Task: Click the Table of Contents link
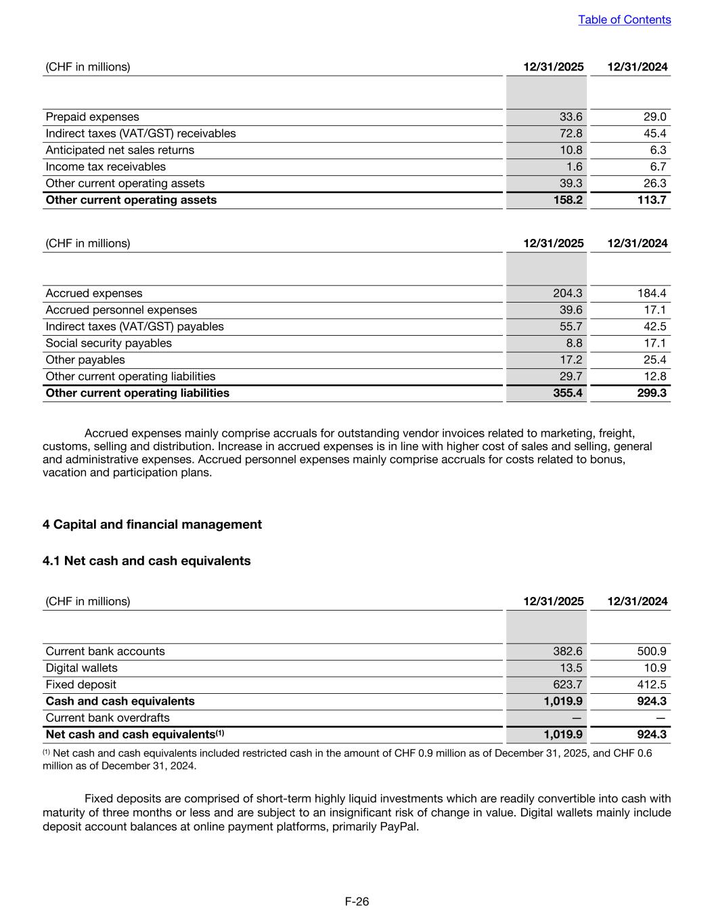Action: pyautogui.click(x=624, y=20)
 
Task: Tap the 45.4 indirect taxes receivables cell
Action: pyautogui.click(x=654, y=133)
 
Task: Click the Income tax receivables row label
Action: pyautogui.click(x=105, y=167)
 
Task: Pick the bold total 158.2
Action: pyautogui.click(x=568, y=200)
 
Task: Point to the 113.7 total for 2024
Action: pyautogui.click(x=652, y=200)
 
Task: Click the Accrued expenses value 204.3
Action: pyautogui.click(x=568, y=293)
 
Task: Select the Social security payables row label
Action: pyautogui.click(x=108, y=343)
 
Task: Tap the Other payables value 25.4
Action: pyautogui.click(x=654, y=359)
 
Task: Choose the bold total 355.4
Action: pyautogui.click(x=568, y=393)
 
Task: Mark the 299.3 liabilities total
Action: pyautogui.click(x=652, y=393)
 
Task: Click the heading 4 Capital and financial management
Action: pyautogui.click(x=152, y=525)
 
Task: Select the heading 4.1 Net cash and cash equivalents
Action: pyautogui.click(x=146, y=561)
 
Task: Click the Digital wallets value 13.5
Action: pyautogui.click(x=571, y=668)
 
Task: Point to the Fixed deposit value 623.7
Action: pyautogui.click(x=568, y=684)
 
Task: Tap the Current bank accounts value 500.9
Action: pyautogui.click(x=652, y=651)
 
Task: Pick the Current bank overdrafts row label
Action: pyautogui.click(x=107, y=718)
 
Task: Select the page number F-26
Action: pyautogui.click(x=357, y=902)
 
